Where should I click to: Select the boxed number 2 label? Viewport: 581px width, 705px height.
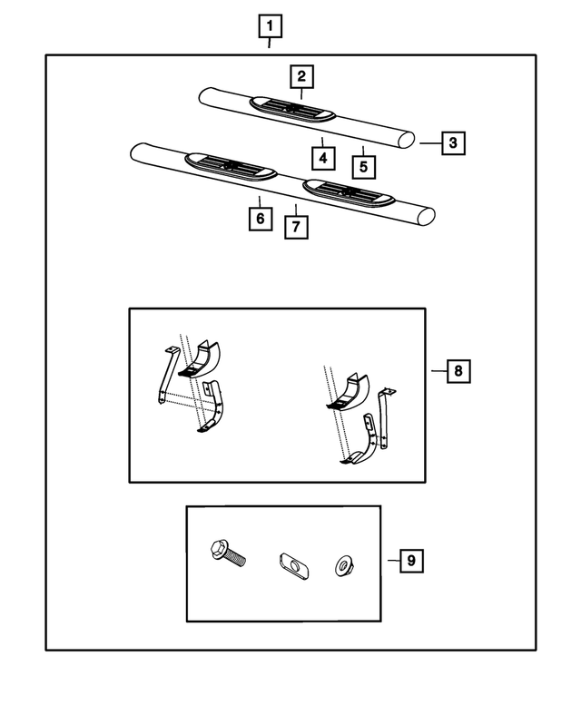click(x=301, y=75)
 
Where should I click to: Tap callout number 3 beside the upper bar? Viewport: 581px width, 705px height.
click(x=454, y=142)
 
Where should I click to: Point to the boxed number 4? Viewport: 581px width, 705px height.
click(x=321, y=158)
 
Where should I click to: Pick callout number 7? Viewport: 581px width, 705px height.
click(x=296, y=226)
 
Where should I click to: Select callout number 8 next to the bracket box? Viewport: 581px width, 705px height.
click(x=458, y=370)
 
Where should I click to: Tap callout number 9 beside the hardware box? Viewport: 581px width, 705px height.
click(x=410, y=561)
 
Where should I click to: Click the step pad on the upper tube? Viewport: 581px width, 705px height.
click(x=292, y=110)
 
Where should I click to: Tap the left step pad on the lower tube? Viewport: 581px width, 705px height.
click(x=230, y=165)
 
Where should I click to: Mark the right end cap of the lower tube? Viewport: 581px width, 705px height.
click(x=425, y=216)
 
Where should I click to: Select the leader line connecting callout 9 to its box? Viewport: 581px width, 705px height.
click(x=390, y=561)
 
